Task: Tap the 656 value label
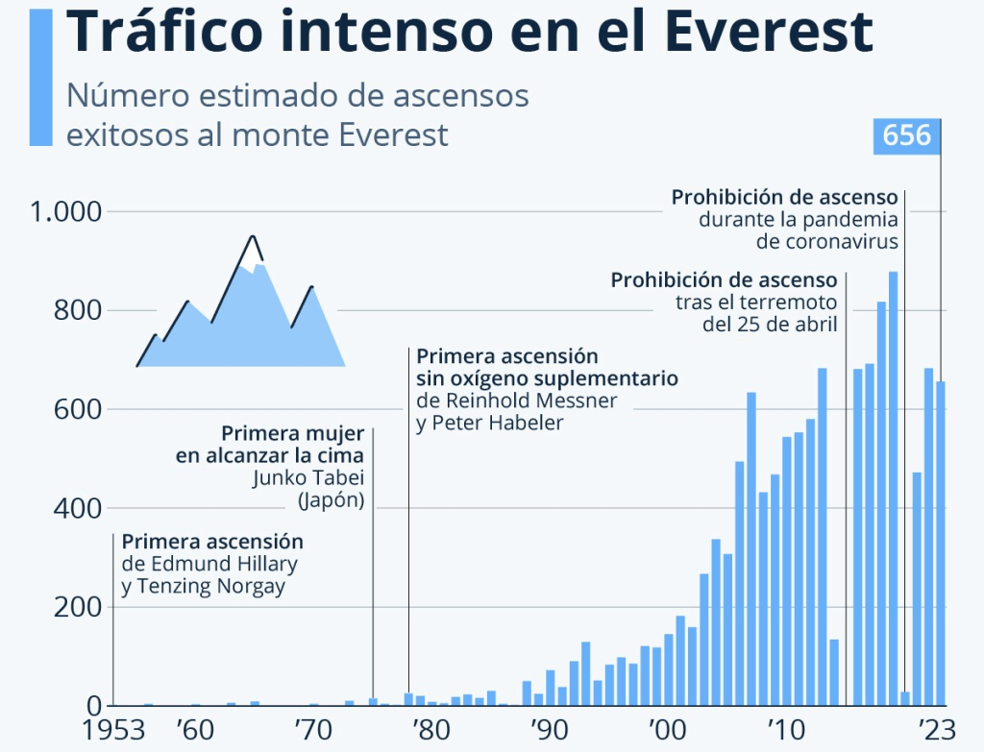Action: (907, 135)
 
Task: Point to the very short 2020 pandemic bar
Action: (904, 698)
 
